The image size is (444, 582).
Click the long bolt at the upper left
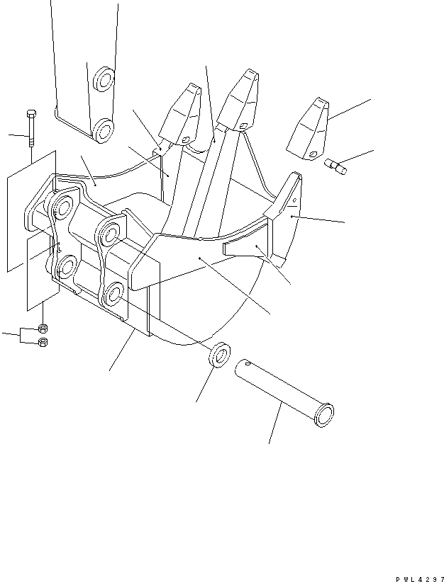click(30, 130)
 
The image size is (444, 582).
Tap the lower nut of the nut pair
click(42, 343)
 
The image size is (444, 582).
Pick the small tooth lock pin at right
click(335, 167)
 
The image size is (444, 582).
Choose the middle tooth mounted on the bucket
click(238, 101)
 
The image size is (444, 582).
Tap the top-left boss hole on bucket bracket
click(62, 207)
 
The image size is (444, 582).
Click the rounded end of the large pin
click(326, 414)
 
